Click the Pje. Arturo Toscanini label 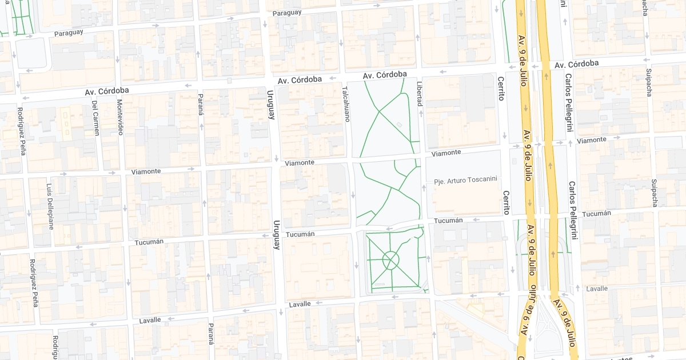click(465, 179)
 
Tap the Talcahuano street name click(345, 104)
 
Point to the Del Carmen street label click(95, 118)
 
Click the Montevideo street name click(120, 117)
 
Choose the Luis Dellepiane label click(50, 206)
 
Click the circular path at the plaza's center click(390, 261)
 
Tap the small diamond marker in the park click(398, 125)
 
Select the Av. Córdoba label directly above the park click(385, 75)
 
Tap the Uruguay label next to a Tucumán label click(277, 235)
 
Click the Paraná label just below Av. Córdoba click(201, 104)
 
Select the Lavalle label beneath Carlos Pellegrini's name click(597, 289)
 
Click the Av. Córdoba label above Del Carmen click(107, 91)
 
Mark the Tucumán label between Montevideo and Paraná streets click(149, 242)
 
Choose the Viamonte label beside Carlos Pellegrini click(592, 140)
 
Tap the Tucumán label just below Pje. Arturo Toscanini click(448, 220)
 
